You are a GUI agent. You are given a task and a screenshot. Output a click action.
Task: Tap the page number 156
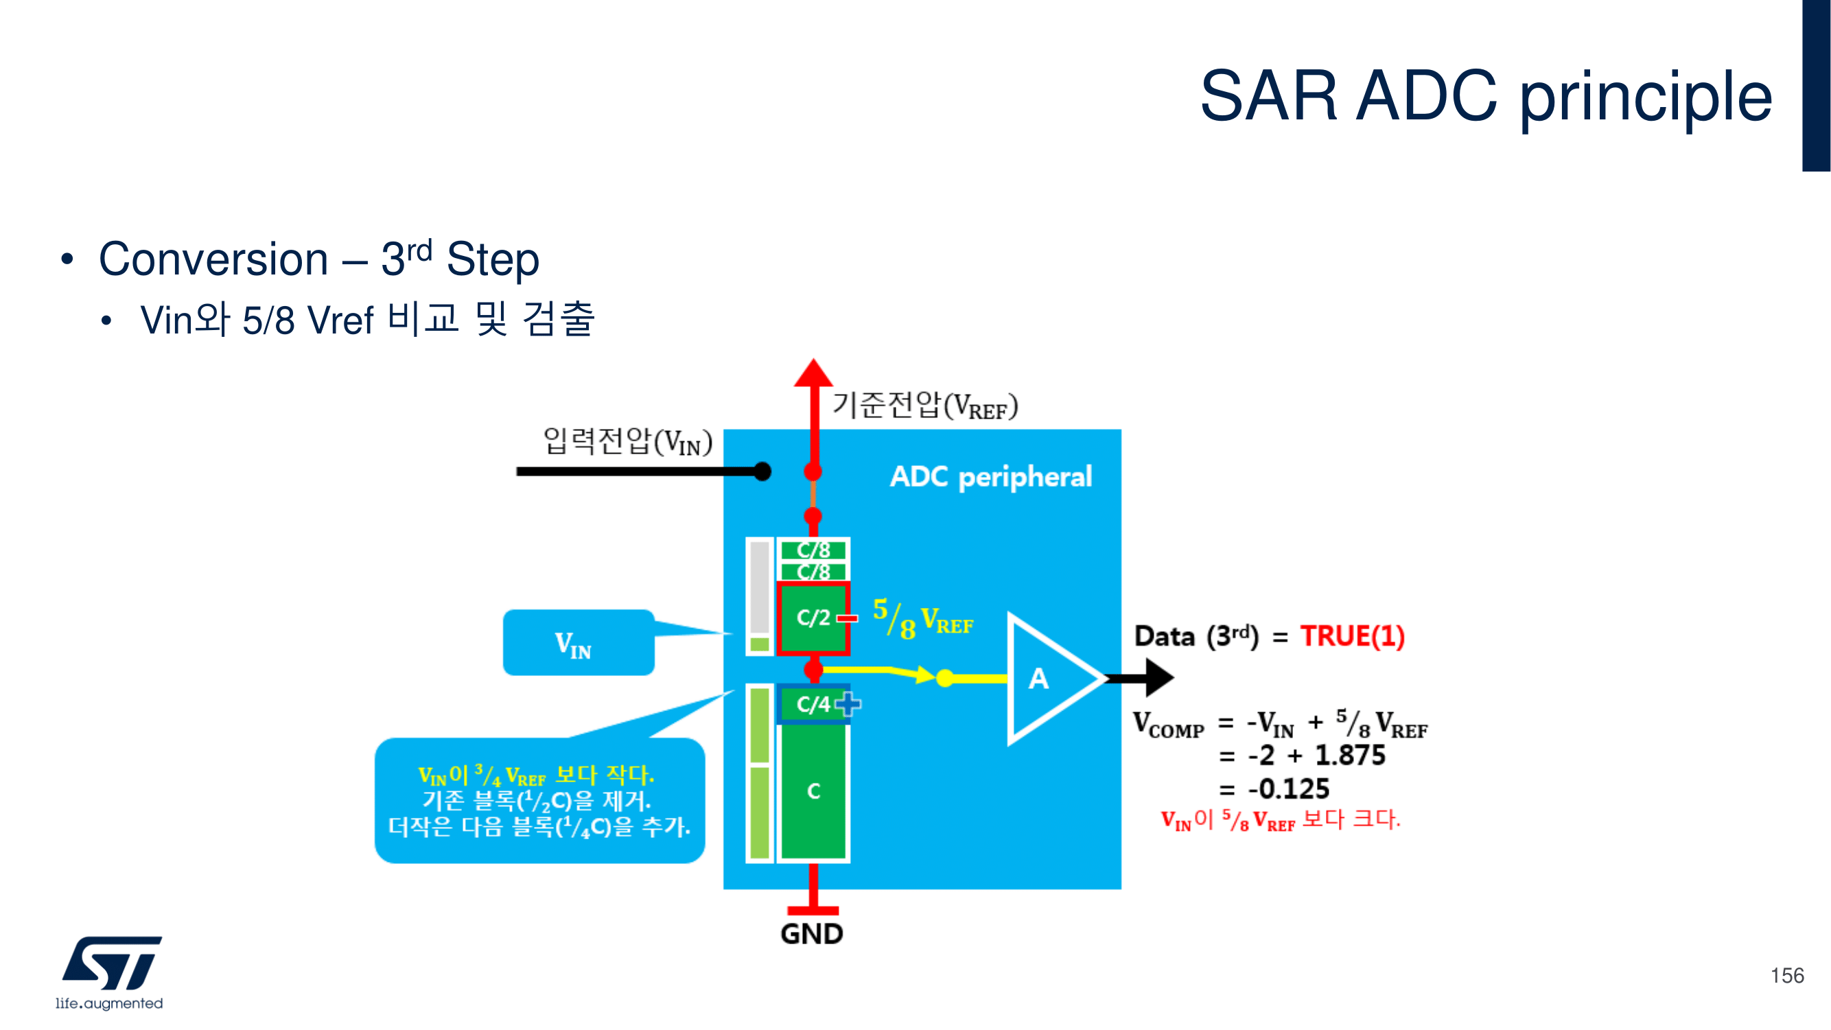1786,975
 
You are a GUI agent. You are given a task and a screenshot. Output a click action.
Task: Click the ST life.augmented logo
110,971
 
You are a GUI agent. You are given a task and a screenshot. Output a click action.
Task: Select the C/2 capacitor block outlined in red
813,618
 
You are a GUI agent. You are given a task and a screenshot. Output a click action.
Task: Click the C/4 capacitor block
813,704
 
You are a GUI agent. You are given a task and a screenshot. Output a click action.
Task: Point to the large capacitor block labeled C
813,791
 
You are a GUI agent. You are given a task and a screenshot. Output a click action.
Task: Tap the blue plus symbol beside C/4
848,704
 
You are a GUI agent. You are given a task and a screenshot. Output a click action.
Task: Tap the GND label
812,933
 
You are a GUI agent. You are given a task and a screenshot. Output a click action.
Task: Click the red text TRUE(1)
1352,635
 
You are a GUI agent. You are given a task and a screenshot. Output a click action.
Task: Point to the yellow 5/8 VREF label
922,619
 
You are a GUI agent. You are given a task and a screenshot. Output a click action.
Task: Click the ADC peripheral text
990,476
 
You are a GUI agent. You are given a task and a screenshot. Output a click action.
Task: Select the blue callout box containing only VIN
578,642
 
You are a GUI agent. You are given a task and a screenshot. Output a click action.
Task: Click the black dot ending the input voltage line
762,471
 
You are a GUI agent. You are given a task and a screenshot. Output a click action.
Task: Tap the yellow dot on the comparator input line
944,678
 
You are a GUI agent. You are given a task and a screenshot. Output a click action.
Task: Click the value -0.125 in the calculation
1288,788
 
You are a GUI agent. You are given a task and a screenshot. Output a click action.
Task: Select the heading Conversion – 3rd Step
318,259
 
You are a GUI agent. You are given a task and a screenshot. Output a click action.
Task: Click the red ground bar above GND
813,910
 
